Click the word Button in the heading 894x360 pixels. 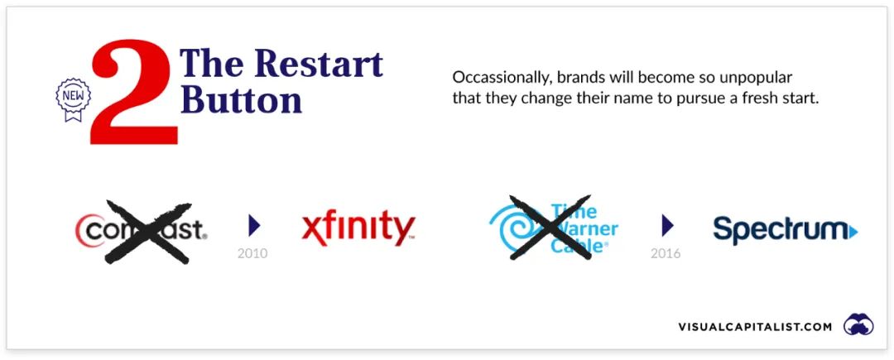244,99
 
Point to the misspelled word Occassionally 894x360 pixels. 498,78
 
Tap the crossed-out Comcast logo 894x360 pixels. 142,232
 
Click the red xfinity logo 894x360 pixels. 358,228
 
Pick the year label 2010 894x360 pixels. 252,253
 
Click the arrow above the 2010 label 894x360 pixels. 254,226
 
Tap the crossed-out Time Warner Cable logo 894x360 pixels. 552,228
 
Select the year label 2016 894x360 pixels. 666,253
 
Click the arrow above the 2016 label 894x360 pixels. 668,226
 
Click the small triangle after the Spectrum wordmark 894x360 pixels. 853,232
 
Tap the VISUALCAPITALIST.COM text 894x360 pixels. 755,327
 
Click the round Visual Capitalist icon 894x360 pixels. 858,324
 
